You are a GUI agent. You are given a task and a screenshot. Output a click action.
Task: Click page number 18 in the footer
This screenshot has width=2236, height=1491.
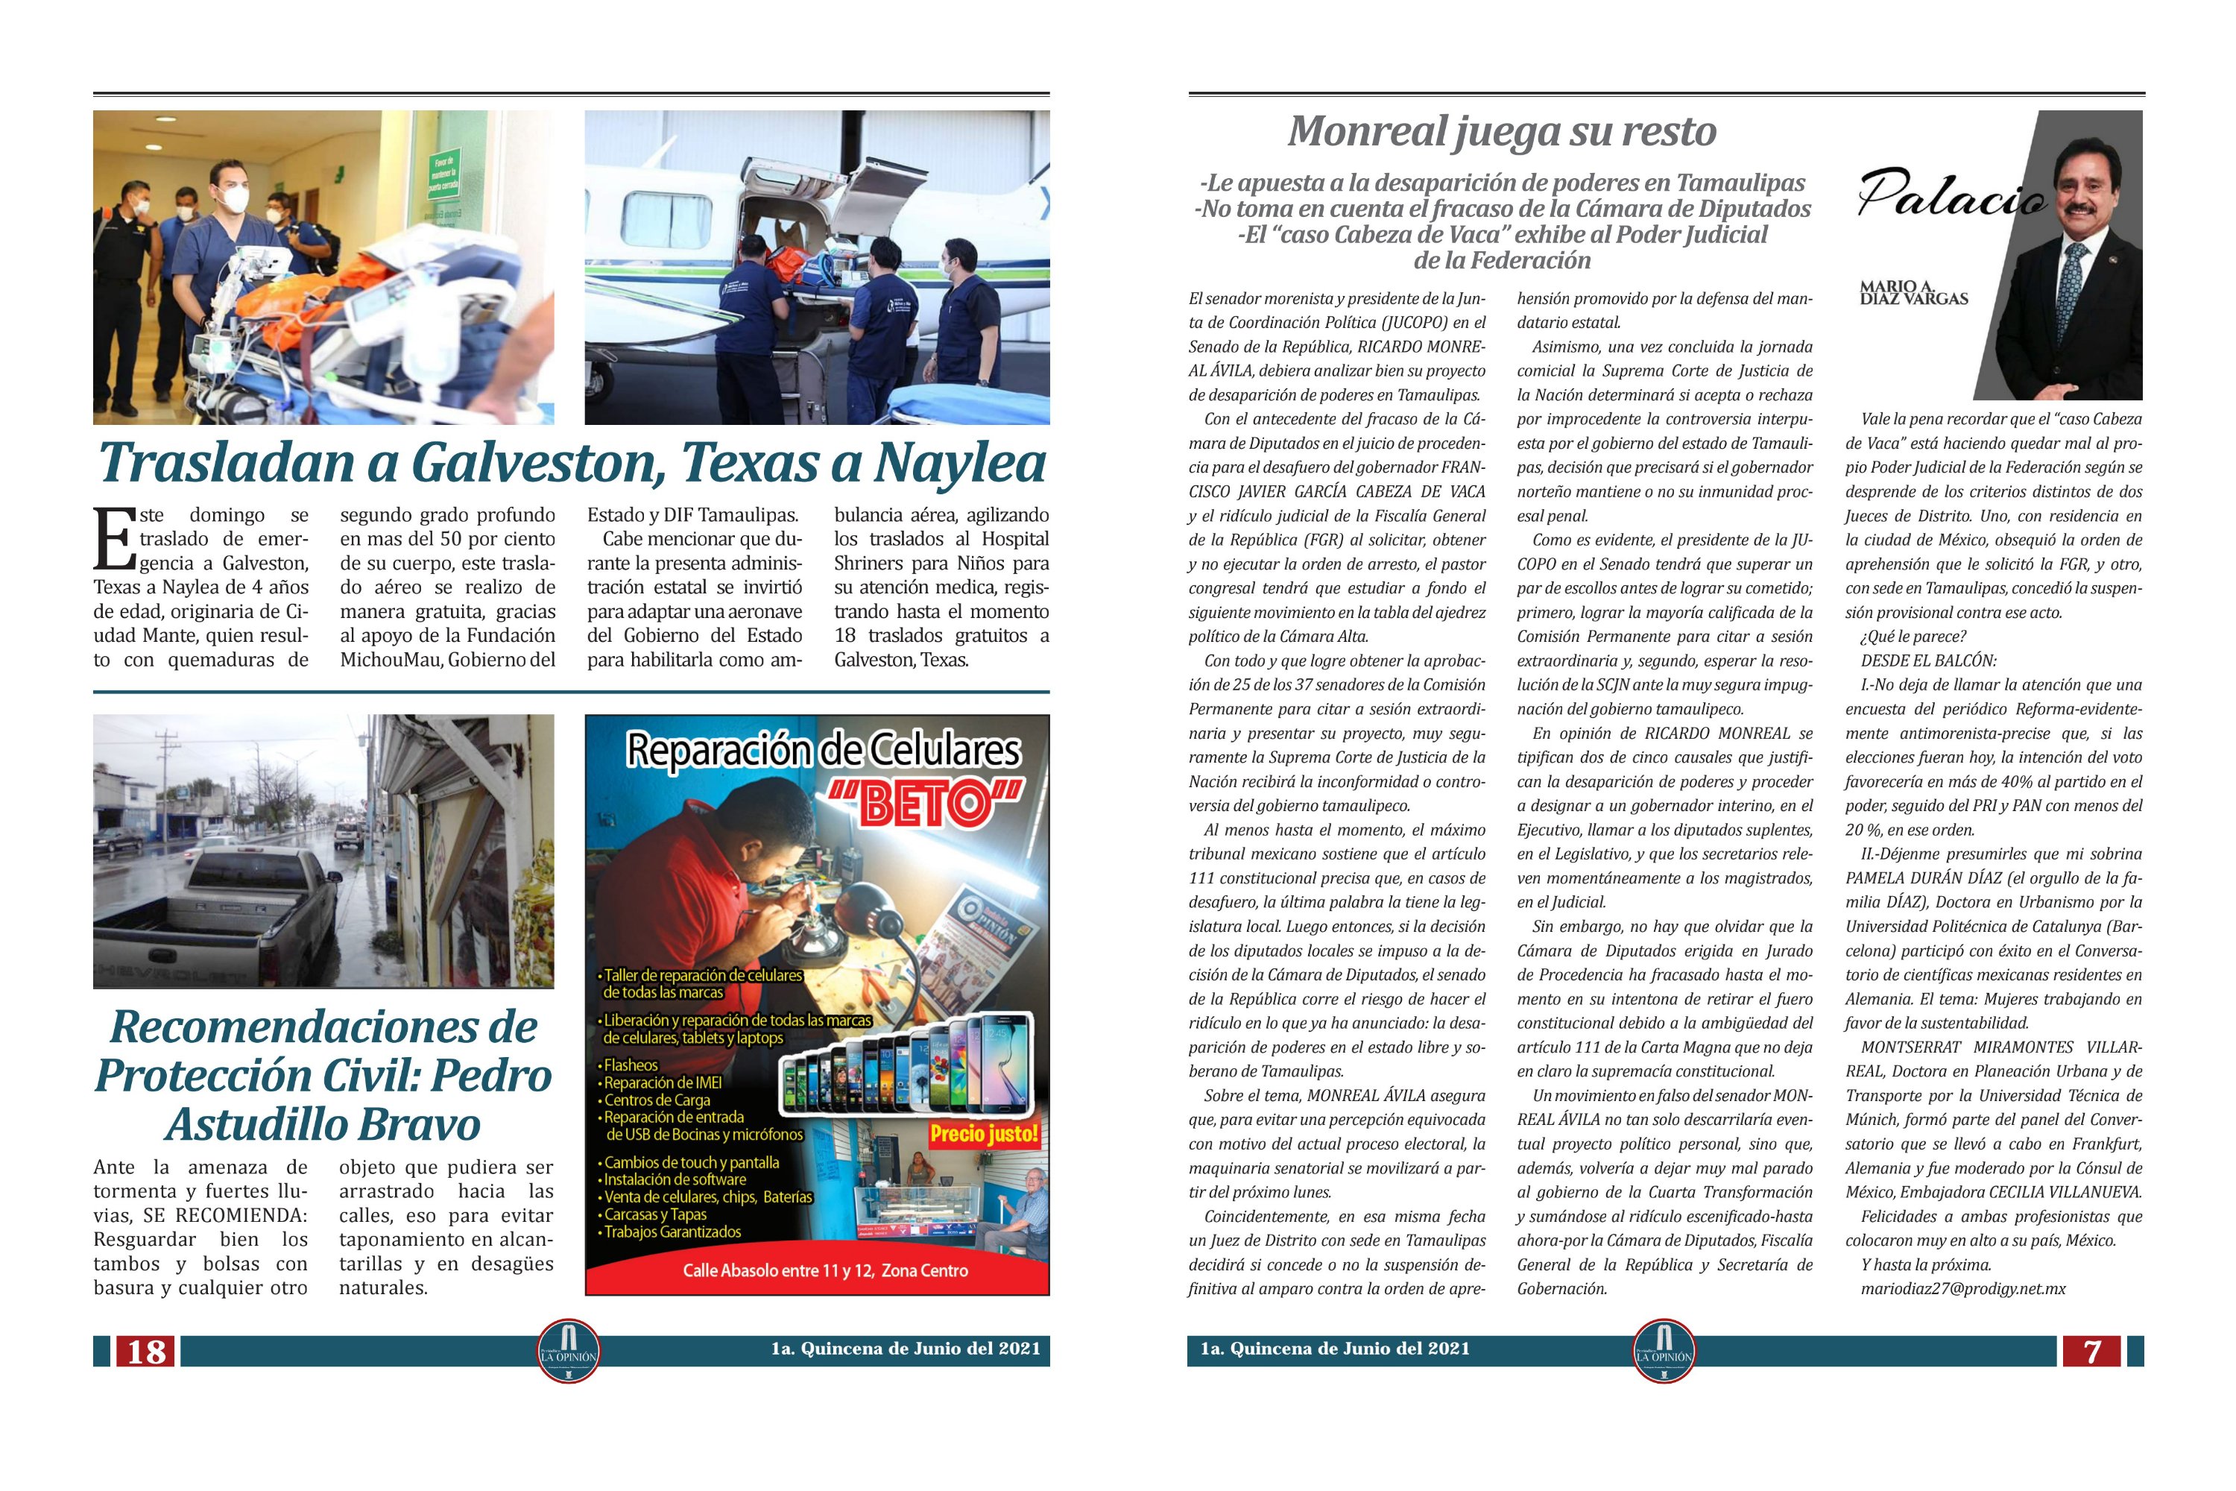(146, 1351)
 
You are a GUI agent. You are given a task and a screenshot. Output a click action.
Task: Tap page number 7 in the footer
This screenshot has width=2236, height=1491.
(2091, 1351)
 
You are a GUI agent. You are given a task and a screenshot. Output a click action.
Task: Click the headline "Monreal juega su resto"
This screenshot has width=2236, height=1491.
(1501, 131)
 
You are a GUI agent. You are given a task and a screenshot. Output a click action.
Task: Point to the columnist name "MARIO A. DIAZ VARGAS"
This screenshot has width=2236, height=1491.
(1913, 293)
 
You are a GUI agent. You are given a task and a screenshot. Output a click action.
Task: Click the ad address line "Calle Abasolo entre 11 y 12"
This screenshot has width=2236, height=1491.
(824, 1270)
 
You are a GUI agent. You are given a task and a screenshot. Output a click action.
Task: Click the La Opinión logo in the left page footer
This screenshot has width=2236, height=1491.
(569, 1351)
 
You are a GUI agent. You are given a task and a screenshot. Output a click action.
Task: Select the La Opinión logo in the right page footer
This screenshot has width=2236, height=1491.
(1664, 1351)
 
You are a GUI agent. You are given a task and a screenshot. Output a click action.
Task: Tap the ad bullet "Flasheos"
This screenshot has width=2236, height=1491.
(631, 1065)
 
